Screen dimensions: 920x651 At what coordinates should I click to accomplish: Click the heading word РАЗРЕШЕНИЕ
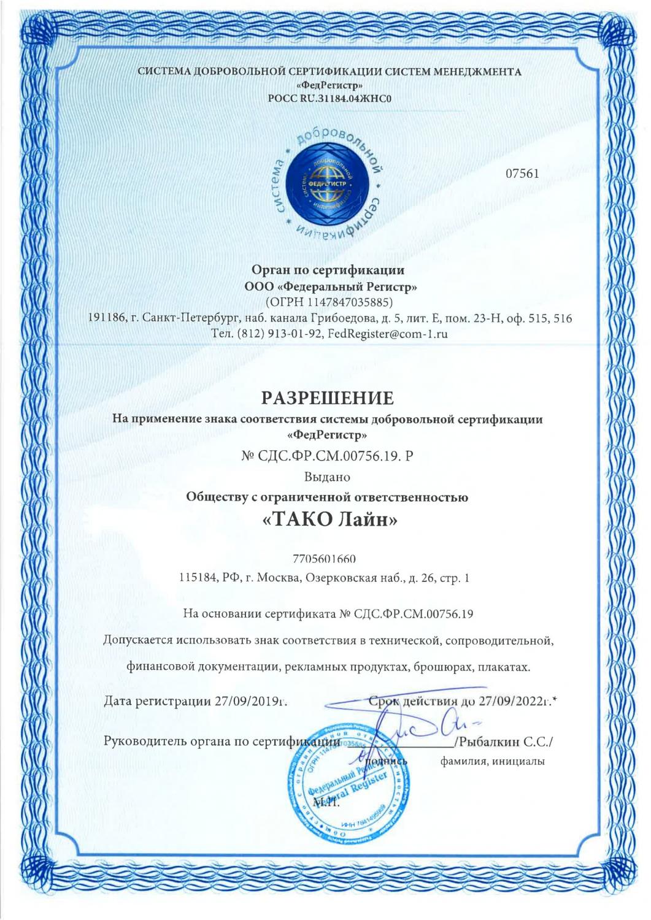coord(325,399)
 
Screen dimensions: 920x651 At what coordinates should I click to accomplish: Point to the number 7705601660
coord(325,559)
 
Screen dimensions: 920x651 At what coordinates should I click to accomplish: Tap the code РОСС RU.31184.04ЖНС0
coord(325,98)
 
